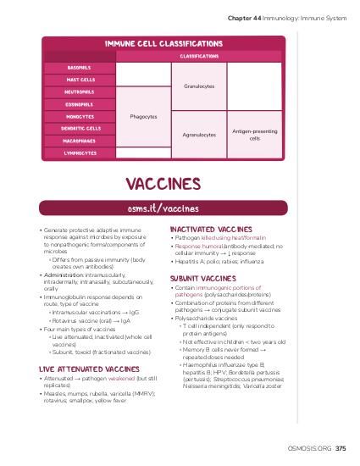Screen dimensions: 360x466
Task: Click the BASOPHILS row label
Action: click(x=79, y=67)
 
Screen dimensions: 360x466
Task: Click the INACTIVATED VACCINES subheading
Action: click(x=211, y=230)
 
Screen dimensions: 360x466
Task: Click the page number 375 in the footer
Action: click(x=340, y=448)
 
